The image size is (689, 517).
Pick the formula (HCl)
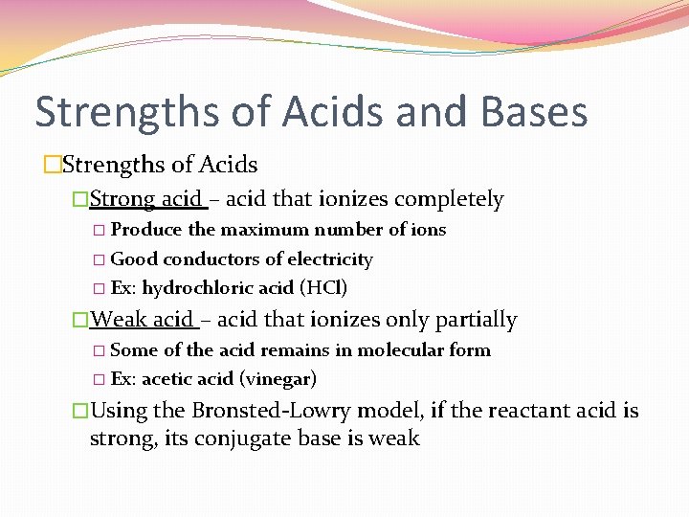(x=323, y=288)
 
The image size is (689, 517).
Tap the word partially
(x=476, y=320)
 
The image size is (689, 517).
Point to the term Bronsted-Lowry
(x=260, y=412)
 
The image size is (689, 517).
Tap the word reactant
(x=527, y=412)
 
